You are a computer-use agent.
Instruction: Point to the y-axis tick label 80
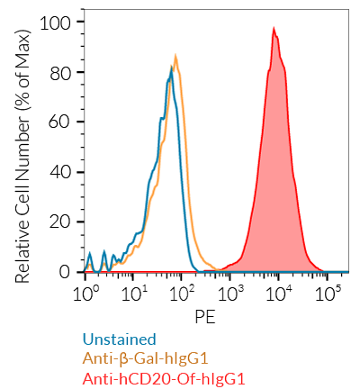click(63, 71)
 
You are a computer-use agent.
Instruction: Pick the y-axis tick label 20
click(63, 222)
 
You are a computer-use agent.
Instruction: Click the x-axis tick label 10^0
click(86, 294)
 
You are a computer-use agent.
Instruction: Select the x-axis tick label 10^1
click(134, 294)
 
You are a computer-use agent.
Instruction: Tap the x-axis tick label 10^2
click(183, 294)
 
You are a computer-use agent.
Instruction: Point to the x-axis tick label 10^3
click(231, 294)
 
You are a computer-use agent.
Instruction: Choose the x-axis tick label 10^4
click(280, 294)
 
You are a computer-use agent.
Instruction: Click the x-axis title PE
click(206, 317)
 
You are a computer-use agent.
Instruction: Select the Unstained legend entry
click(119, 339)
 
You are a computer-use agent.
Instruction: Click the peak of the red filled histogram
click(274, 28)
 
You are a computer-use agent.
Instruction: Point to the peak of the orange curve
click(176, 57)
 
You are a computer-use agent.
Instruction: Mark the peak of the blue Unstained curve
click(171, 67)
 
